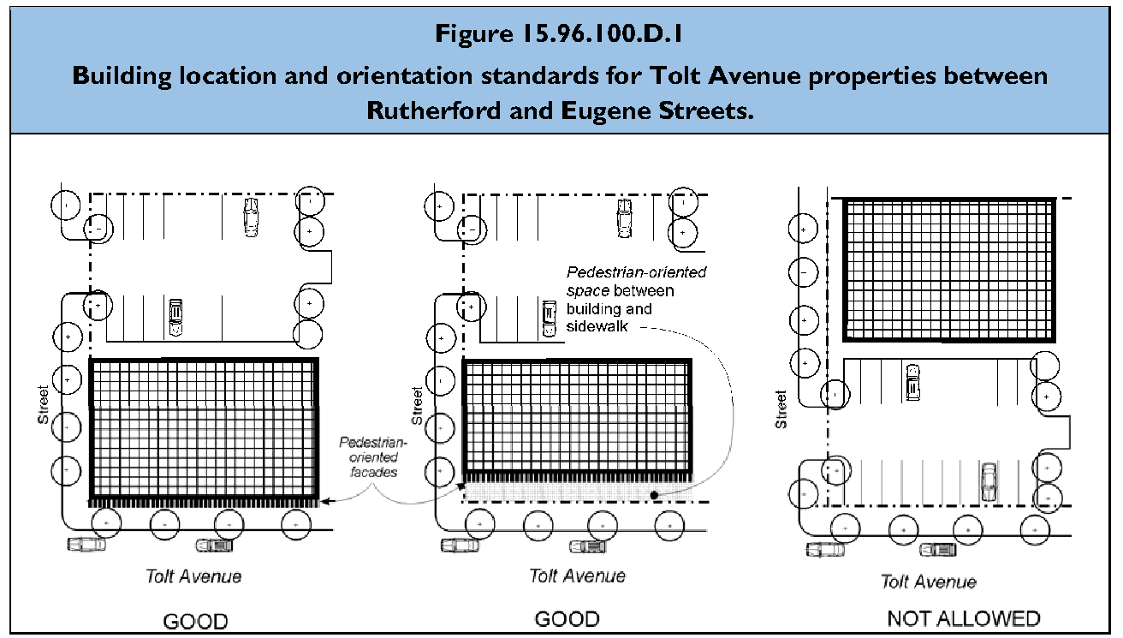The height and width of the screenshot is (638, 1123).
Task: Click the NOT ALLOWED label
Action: pos(963,618)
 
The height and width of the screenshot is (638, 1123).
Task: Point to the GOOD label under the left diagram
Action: pos(195,621)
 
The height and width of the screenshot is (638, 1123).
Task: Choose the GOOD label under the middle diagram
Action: pos(567,618)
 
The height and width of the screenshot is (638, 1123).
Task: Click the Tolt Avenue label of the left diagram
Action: pos(193,575)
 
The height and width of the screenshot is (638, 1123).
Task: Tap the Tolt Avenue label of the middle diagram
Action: pos(577,575)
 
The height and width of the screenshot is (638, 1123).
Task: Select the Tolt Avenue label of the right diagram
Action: pos(929,581)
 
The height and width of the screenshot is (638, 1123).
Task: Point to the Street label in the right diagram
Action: pos(780,409)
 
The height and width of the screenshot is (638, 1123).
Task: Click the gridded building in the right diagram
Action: pos(948,270)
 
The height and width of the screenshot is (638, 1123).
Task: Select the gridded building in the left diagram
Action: pos(204,428)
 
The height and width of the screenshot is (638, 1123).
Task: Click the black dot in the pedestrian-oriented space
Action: pos(653,495)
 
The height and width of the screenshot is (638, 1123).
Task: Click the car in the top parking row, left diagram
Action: pos(251,216)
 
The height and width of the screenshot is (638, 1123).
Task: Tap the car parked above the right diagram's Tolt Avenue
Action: pos(989,481)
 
